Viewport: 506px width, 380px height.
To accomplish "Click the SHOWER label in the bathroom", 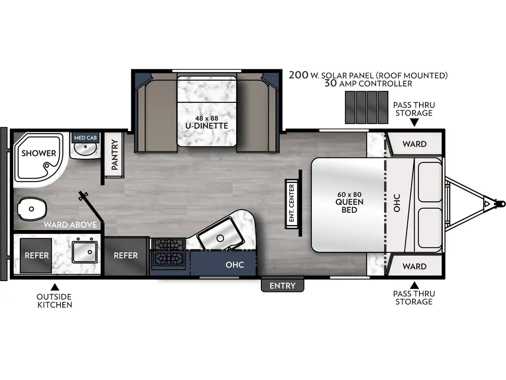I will (x=39, y=153).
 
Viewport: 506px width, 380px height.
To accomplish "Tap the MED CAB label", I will (x=84, y=137).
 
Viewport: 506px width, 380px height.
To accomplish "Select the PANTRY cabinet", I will (x=115, y=155).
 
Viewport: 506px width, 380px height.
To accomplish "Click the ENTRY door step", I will (x=282, y=285).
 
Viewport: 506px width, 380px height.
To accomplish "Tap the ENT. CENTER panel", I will (x=292, y=202).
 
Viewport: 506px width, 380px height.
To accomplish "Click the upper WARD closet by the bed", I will (x=414, y=144).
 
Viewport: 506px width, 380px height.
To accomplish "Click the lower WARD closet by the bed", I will (x=414, y=266).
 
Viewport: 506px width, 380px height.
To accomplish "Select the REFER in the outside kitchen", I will (x=37, y=255).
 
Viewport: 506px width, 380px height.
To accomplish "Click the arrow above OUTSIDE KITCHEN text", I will (x=55, y=286).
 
